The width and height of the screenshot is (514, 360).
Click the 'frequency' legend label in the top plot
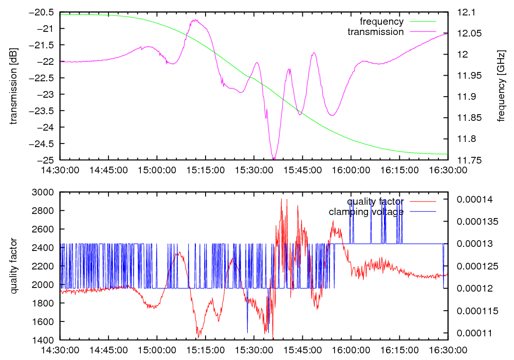click(381, 22)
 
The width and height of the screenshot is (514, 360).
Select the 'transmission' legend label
click(376, 32)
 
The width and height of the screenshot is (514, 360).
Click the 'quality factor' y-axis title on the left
click(14, 266)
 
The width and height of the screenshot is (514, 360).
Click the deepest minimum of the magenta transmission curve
click(273, 159)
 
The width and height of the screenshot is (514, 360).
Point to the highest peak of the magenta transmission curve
click(195, 20)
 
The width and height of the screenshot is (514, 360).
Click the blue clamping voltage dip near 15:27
click(247, 332)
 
